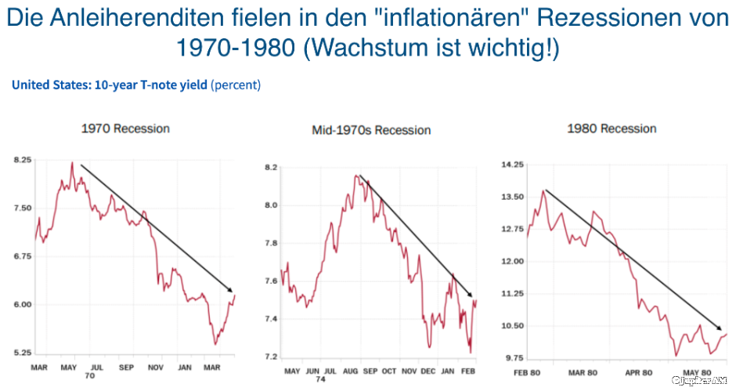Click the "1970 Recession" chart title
(x=125, y=129)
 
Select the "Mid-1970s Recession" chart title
(x=371, y=130)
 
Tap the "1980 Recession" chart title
(x=612, y=129)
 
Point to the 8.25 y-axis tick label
(x=22, y=160)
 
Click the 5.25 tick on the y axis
(x=22, y=353)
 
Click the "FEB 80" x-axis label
(x=527, y=373)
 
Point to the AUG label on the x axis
(x=349, y=371)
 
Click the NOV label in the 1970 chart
(x=155, y=367)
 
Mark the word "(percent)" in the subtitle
(x=236, y=85)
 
